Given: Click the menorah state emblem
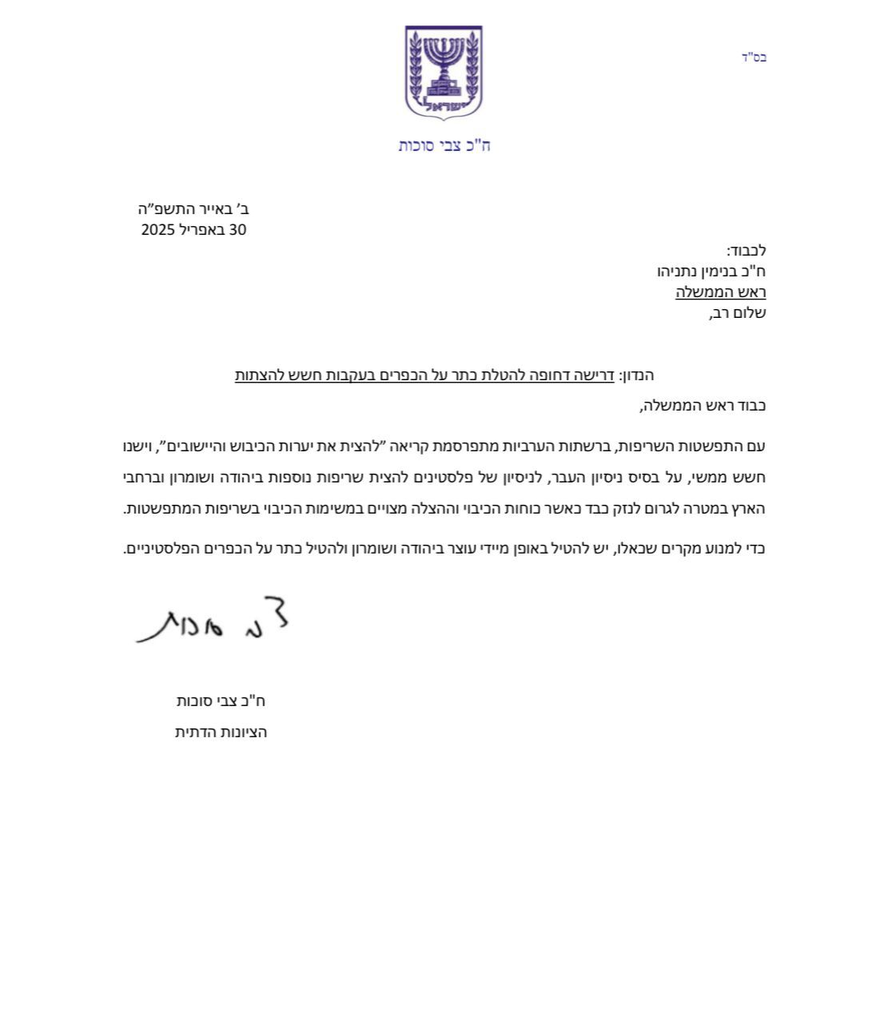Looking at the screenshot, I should [444, 73].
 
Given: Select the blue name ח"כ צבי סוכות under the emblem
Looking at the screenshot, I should [444, 145].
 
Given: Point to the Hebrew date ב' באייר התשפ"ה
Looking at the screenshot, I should [193, 209].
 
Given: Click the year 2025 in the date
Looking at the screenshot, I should [158, 230].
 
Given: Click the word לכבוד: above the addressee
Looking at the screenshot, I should [746, 251].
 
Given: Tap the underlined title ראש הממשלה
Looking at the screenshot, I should [720, 292].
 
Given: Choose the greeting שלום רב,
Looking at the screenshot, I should [737, 313].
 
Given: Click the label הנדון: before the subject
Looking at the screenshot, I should [636, 375].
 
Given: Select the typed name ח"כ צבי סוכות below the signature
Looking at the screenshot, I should [221, 701].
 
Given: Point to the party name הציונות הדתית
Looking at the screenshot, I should [221, 732].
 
